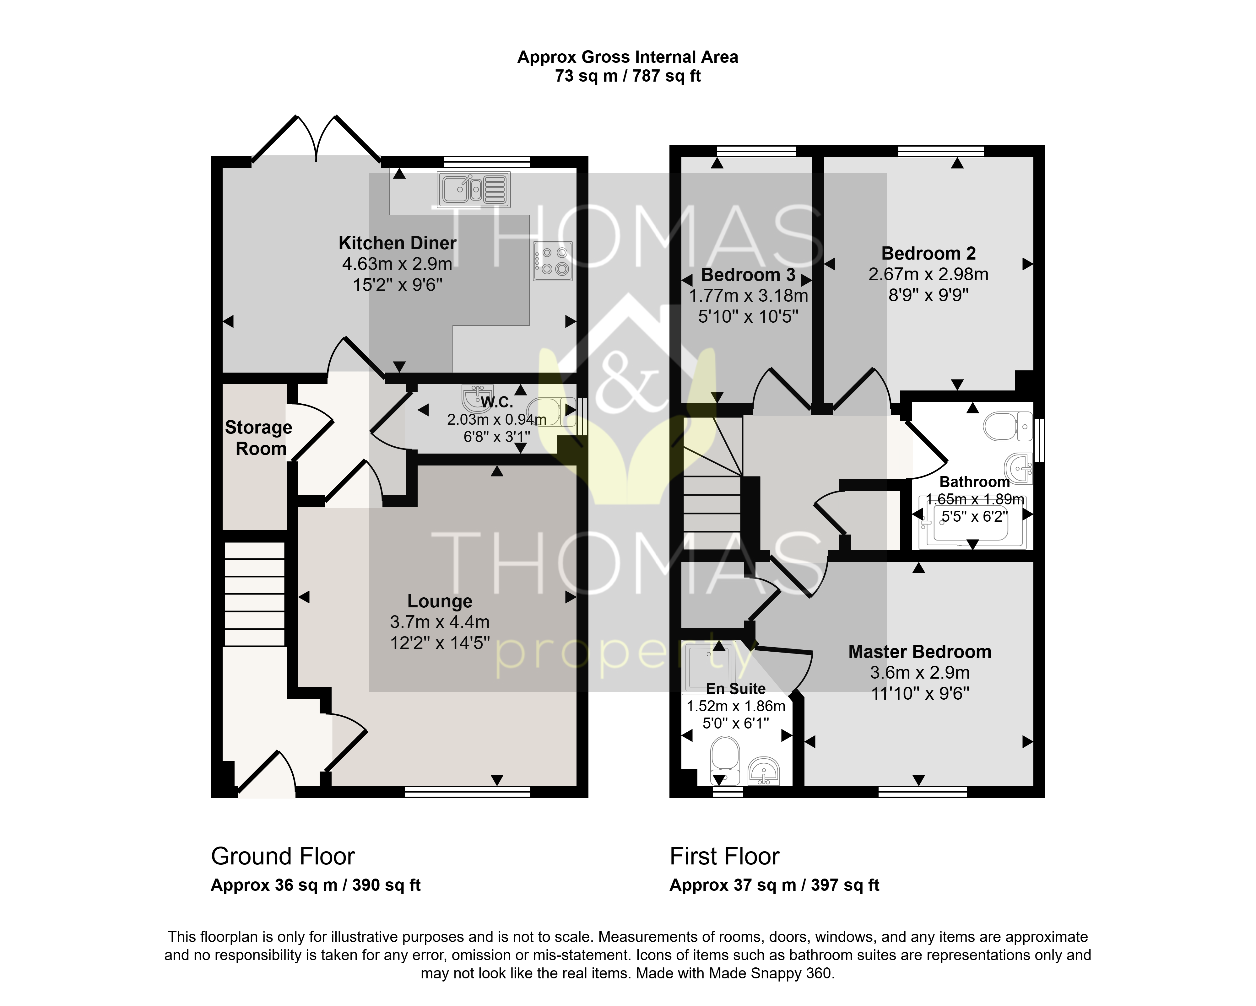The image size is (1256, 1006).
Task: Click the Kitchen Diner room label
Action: coord(397,243)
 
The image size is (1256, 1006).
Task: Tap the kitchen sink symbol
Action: coord(474,189)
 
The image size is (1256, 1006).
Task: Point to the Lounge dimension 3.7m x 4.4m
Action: coord(440,622)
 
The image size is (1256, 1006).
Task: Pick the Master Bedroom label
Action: coord(920,652)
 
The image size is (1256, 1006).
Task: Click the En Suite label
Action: coord(736,689)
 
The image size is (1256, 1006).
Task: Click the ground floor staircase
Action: coord(255,594)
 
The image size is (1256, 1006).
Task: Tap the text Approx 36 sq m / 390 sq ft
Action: coord(315,885)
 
